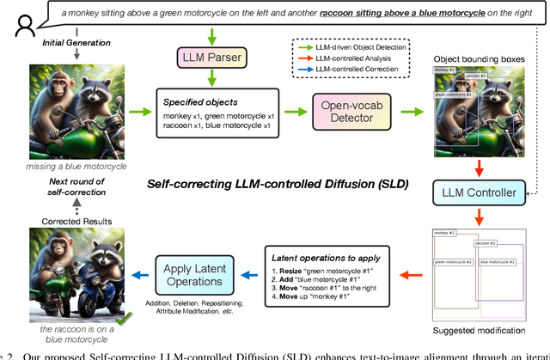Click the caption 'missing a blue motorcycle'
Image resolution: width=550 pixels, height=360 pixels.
[x=71, y=166]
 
